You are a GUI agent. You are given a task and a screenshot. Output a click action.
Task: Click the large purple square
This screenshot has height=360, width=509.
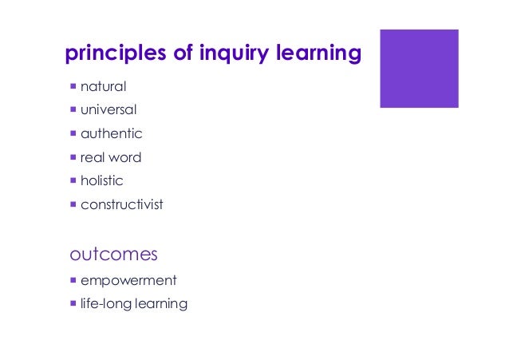[419, 69]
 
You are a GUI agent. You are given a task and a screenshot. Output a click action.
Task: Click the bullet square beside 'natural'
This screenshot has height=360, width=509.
[73, 85]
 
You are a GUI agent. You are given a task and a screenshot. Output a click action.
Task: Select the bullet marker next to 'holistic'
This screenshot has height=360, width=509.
[73, 180]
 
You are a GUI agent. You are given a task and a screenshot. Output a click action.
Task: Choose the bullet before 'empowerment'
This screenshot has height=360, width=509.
[73, 280]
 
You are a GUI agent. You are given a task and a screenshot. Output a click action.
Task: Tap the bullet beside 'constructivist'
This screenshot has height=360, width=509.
[73, 204]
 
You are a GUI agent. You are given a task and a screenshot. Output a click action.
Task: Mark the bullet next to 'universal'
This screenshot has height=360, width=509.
[73, 109]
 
